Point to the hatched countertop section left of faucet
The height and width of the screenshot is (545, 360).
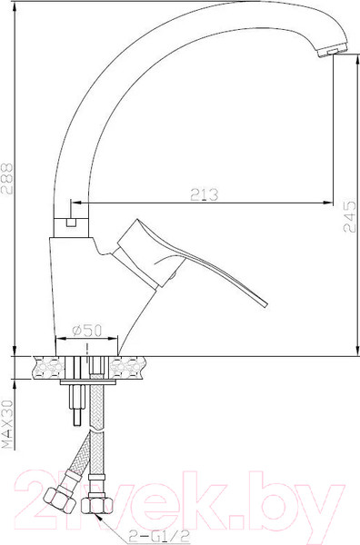tap(45, 368)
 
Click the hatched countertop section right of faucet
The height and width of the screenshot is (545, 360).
tap(127, 368)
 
